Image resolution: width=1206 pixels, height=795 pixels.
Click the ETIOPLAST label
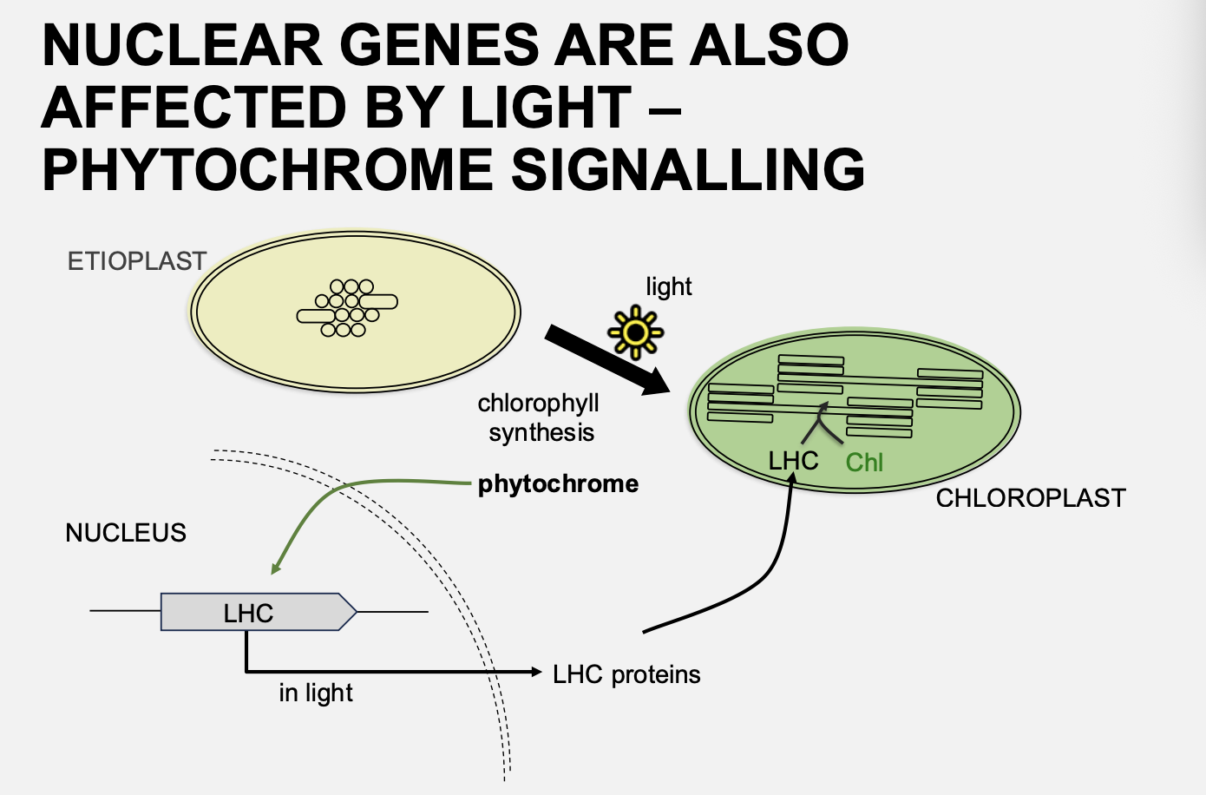coord(137,261)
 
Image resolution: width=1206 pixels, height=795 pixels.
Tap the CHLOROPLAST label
coord(1031,498)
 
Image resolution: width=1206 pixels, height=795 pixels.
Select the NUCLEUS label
coord(126,533)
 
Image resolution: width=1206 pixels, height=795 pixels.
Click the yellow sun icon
coord(636,332)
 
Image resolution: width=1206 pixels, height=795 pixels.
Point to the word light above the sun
coord(669,286)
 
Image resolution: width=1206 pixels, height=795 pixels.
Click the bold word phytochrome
coord(558,484)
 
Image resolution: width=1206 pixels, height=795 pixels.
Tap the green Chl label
coord(864,463)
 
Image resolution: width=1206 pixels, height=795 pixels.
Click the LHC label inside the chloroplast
coord(793,461)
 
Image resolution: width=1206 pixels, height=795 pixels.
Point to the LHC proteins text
coord(626,674)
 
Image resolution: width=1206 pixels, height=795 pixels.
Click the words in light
coord(316,693)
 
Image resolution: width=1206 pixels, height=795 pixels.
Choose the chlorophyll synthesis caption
coord(540,417)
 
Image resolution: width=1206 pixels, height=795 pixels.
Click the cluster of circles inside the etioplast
coord(347,308)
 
